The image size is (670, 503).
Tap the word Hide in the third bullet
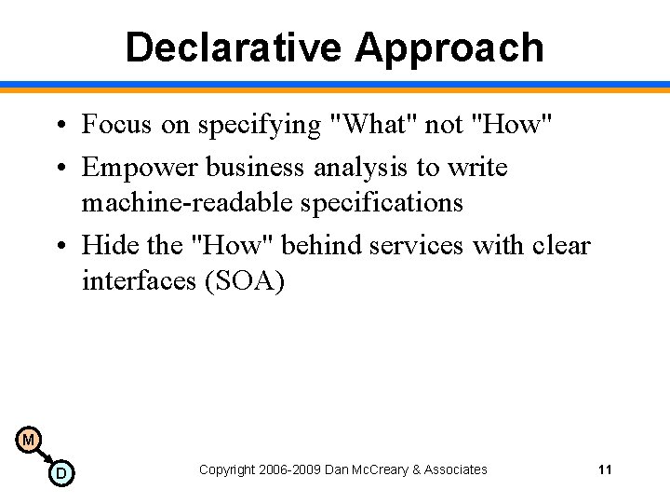click(x=107, y=246)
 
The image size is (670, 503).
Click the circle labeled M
click(x=28, y=439)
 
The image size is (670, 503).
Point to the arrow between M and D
click(x=45, y=456)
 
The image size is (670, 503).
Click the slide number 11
click(x=605, y=469)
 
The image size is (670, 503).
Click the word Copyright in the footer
click(x=225, y=469)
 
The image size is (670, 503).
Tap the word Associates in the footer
click(x=454, y=469)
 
